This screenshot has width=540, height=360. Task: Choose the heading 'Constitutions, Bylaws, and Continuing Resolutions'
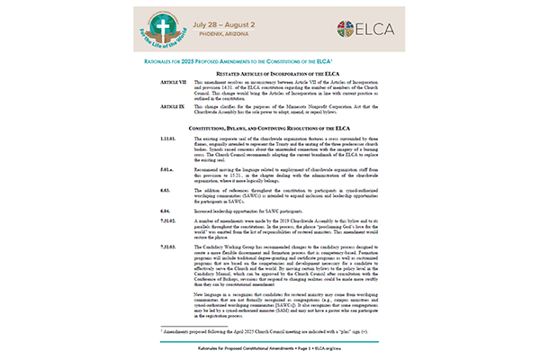click(270, 130)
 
